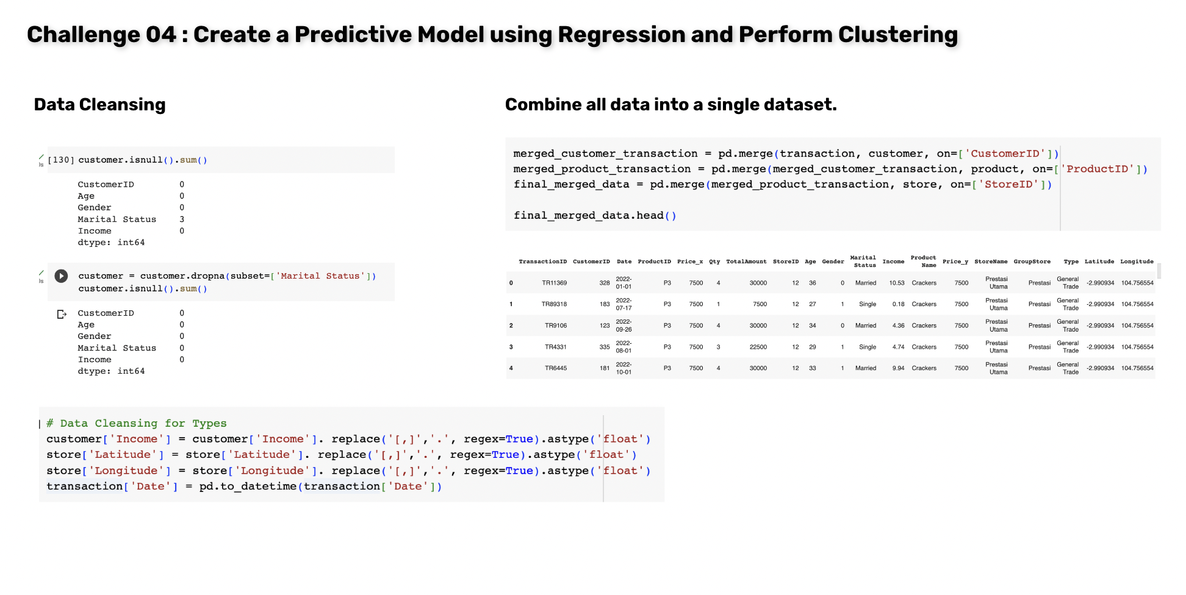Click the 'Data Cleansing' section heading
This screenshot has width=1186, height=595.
[x=99, y=105]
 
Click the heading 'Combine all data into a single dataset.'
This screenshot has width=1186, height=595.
[x=670, y=105]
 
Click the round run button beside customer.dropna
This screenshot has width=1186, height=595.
[x=61, y=276]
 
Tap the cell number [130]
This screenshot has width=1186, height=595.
[x=61, y=160]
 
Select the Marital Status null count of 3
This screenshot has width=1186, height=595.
[x=182, y=219]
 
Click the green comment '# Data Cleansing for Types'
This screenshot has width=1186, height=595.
[x=137, y=423]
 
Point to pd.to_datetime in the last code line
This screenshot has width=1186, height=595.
[x=248, y=486]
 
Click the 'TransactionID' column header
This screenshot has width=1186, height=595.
[x=542, y=262]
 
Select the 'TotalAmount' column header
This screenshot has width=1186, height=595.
[x=746, y=262]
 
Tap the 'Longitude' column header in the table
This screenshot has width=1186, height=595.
[x=1137, y=262]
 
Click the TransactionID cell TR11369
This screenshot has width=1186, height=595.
[x=555, y=283]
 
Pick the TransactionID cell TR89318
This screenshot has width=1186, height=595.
[x=555, y=304]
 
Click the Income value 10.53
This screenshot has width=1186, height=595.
[x=897, y=283]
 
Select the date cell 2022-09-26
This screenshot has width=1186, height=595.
[x=624, y=326]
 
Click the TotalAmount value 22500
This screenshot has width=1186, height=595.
[x=758, y=347]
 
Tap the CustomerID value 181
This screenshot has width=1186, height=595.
[x=605, y=368]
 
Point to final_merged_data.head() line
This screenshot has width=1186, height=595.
[x=595, y=215]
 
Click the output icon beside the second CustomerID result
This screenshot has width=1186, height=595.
[x=62, y=314]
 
